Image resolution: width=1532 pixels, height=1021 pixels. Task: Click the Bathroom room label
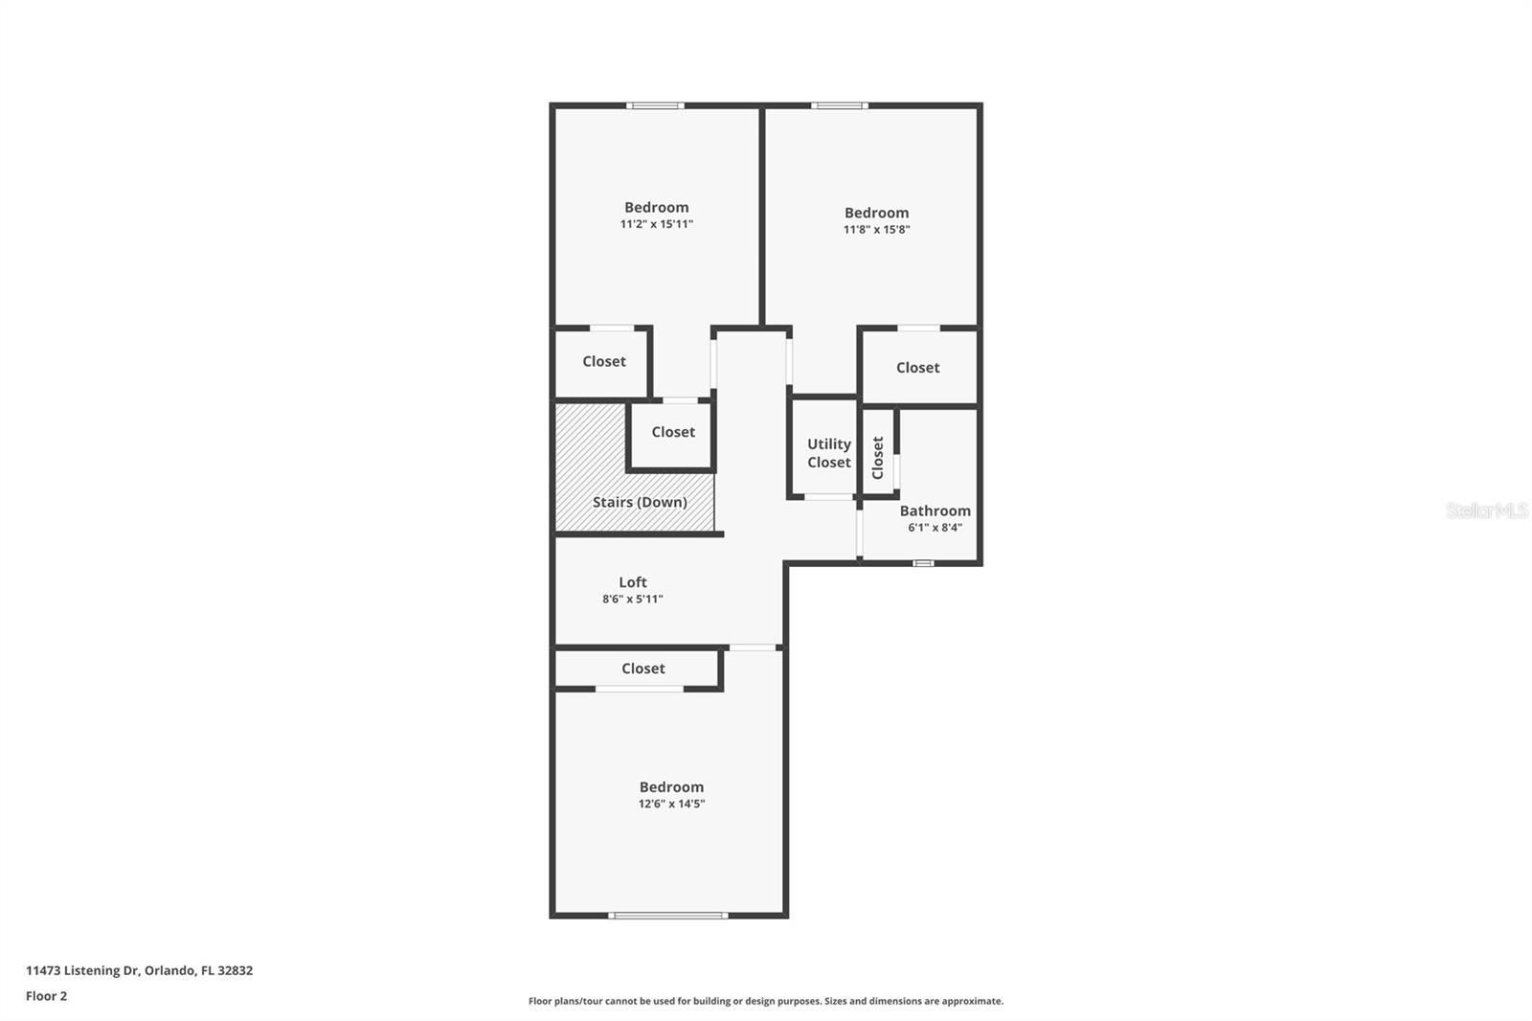(x=935, y=510)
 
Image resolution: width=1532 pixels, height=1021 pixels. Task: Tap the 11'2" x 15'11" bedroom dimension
(x=656, y=224)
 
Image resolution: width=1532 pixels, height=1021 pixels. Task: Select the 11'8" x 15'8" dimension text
(x=876, y=230)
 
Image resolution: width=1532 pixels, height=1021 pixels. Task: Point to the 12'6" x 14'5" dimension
(x=671, y=804)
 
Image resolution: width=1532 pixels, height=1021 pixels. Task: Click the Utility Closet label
(x=828, y=453)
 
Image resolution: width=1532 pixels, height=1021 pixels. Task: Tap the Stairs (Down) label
(x=640, y=502)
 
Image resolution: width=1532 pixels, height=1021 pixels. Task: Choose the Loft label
(x=632, y=582)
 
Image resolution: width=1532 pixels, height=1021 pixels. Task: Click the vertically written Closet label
(x=878, y=458)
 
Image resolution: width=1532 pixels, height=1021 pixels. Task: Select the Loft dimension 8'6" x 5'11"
(x=632, y=600)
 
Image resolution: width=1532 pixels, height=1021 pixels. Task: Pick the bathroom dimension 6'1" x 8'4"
(x=935, y=528)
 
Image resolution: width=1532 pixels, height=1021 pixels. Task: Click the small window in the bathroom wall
(x=922, y=563)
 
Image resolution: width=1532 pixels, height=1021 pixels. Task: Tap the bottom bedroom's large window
(x=668, y=916)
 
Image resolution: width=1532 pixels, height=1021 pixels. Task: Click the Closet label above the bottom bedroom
(x=642, y=669)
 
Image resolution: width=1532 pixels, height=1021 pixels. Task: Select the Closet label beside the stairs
(x=673, y=432)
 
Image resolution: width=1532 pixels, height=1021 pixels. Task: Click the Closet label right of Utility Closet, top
(x=917, y=368)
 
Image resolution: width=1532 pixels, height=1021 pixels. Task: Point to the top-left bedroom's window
(x=655, y=105)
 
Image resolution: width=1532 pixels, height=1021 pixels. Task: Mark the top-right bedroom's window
(x=840, y=105)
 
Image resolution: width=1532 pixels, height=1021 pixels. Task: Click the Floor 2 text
(x=46, y=996)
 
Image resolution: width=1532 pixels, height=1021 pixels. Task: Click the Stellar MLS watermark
(x=1486, y=510)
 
